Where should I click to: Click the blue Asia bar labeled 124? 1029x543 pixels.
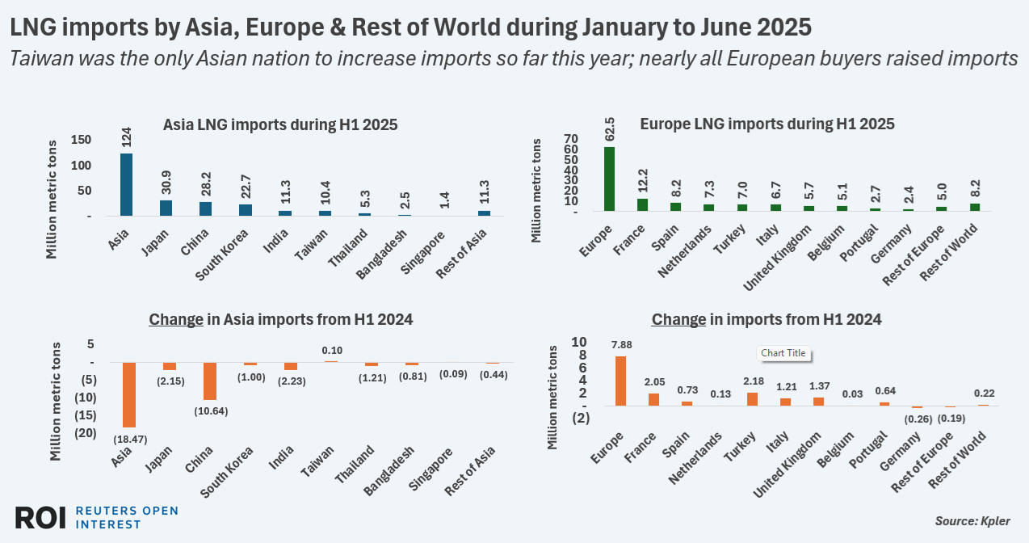(126, 184)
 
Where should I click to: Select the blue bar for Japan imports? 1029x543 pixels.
(166, 208)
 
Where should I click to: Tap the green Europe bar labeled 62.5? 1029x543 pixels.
(609, 179)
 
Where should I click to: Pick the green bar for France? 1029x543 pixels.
(642, 204)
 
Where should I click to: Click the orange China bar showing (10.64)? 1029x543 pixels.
(209, 381)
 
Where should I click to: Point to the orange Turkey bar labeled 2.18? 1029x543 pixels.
(753, 398)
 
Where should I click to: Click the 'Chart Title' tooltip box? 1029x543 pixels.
(784, 353)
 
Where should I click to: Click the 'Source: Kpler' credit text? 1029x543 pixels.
(972, 520)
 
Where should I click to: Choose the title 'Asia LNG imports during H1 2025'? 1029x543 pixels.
(280, 125)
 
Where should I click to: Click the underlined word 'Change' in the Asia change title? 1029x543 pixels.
(175, 319)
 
